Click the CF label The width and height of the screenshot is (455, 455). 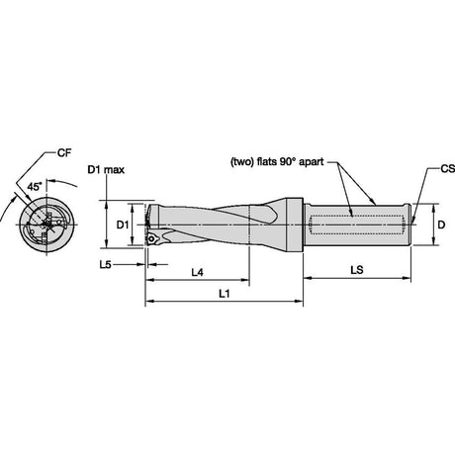(64, 153)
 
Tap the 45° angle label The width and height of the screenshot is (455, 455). (35, 187)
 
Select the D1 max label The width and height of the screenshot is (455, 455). (106, 170)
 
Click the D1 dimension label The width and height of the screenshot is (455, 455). (123, 225)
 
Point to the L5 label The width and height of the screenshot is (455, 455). (106, 264)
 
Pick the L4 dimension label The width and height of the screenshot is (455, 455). (198, 272)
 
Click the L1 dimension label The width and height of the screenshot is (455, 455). (225, 294)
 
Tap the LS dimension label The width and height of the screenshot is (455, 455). (357, 270)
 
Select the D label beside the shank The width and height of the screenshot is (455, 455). (441, 225)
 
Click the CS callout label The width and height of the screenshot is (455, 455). (448, 169)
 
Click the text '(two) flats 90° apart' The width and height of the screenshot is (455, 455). (277, 162)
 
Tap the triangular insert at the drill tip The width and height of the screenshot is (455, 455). (152, 238)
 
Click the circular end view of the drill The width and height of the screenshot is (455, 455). (47, 226)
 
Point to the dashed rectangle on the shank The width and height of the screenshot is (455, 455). (357, 225)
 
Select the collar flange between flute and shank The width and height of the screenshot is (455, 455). (295, 226)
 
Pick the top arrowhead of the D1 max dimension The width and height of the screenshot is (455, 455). (106, 205)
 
